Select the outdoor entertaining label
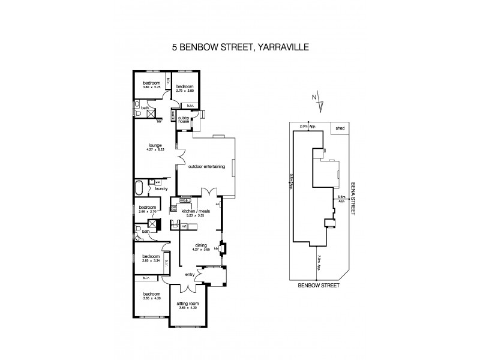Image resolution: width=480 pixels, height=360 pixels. [x=206, y=167]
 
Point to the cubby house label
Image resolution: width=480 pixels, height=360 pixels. [x=184, y=119]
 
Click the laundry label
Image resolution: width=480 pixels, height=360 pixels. [x=161, y=188]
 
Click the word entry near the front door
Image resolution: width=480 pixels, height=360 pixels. [x=190, y=275]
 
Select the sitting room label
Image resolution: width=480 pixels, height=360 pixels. [x=187, y=305]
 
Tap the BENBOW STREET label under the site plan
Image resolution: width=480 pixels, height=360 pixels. [x=318, y=286]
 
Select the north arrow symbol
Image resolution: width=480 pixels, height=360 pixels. [x=321, y=104]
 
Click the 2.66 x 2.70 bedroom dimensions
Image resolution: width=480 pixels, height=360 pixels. [x=147, y=211]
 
